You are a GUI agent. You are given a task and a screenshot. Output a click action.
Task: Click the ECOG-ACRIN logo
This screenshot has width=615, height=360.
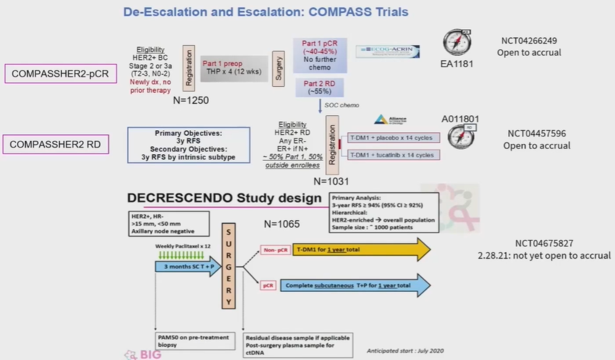pos(388,52)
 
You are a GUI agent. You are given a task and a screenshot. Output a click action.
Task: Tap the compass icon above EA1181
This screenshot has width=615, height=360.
pos(457,43)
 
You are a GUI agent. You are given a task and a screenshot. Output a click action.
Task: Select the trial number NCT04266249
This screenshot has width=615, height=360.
pos(529,41)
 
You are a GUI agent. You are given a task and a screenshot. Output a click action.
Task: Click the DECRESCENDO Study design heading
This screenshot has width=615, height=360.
pos(224,198)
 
